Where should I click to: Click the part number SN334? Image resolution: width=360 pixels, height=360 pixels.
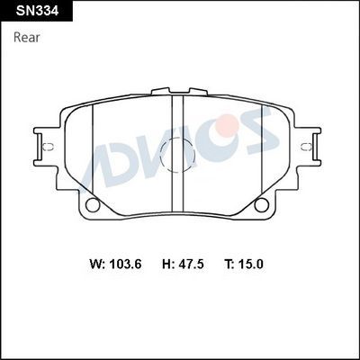31,12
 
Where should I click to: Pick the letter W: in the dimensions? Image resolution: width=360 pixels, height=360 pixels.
98,265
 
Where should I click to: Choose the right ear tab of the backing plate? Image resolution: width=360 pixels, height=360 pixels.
312,144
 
